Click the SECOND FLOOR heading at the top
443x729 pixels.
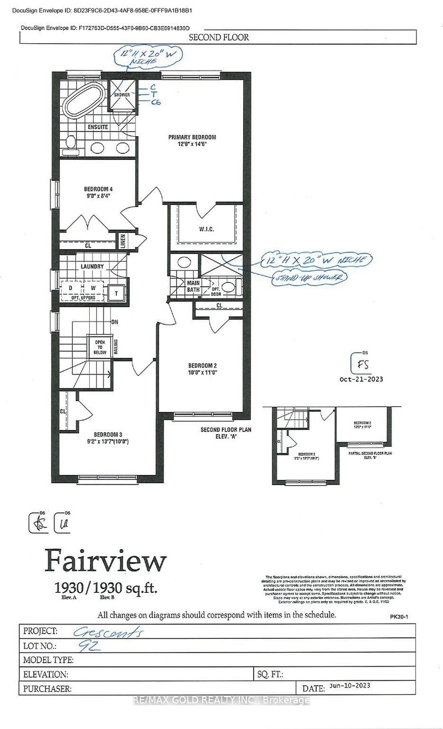[219, 38]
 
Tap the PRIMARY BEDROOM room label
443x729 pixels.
[192, 137]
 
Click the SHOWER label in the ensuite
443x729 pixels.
[121, 95]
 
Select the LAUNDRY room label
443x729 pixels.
[92, 266]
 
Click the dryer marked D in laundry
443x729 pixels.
[70, 288]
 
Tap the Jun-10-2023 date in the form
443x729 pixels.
[348, 686]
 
